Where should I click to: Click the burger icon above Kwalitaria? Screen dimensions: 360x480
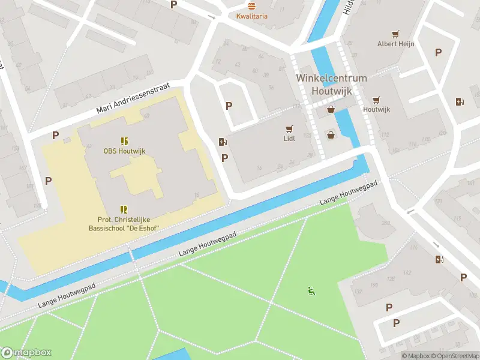pos(251,5)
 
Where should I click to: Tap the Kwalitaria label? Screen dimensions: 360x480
pos(252,16)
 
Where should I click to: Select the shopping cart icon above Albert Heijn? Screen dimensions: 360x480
pos(395,34)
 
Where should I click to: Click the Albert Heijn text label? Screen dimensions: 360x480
pos(395,44)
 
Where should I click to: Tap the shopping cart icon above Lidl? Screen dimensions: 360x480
pos(290,128)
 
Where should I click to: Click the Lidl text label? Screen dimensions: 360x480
pos(290,139)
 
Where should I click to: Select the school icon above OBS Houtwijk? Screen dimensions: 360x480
pos(124,141)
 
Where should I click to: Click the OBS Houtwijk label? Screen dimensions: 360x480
pos(124,151)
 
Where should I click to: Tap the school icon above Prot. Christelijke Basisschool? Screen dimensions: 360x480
pos(124,209)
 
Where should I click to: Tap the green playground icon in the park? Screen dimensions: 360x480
pos(311,292)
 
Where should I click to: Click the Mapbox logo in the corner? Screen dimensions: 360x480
pos(26,353)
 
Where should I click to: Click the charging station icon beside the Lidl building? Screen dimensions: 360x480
pos(223,142)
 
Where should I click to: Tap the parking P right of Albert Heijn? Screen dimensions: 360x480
pos(438,53)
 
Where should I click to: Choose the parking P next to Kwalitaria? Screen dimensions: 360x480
pos(174,5)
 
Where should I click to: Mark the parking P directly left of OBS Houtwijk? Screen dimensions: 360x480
pos(56,136)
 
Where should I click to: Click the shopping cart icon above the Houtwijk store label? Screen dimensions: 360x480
pos(376,100)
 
